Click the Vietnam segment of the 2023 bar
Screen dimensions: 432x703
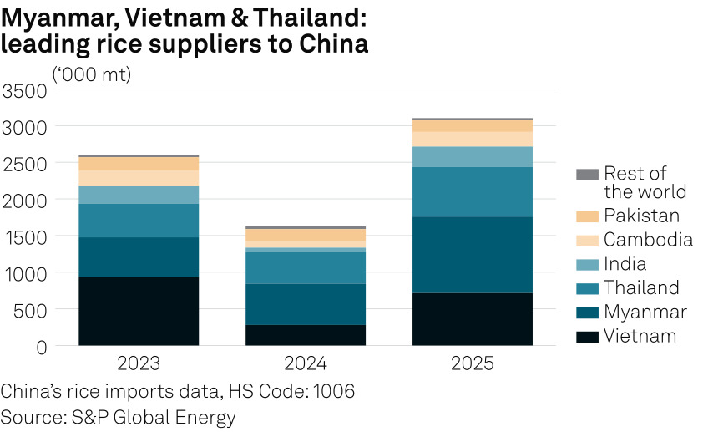(x=139, y=311)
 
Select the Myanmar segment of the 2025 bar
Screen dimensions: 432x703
(x=473, y=255)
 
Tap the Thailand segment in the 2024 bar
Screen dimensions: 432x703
(x=306, y=267)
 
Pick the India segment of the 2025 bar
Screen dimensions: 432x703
(x=473, y=156)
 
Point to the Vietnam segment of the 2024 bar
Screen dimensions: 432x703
(x=306, y=334)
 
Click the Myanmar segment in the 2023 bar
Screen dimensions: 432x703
(x=139, y=257)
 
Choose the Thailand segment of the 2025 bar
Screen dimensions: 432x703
(x=473, y=191)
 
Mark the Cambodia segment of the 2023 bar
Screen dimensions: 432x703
(x=139, y=177)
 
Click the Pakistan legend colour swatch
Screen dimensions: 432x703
(x=587, y=216)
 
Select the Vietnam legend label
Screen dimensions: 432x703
(x=640, y=336)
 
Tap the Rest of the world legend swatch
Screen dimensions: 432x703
(x=587, y=175)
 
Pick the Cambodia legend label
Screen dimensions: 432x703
(x=648, y=240)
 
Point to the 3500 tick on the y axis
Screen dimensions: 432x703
(x=25, y=90)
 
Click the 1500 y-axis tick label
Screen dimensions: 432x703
(x=25, y=236)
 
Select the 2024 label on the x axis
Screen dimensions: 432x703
(x=306, y=364)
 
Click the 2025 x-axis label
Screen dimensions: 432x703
(x=473, y=364)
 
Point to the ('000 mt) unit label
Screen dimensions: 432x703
(x=92, y=74)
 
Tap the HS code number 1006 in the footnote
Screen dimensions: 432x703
(x=334, y=391)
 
